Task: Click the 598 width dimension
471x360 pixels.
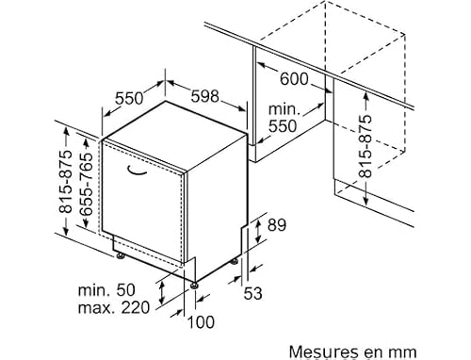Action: (204, 96)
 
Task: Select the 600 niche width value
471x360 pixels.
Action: (294, 79)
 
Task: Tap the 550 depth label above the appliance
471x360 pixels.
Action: (129, 98)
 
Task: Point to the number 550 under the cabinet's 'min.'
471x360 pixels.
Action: (283, 126)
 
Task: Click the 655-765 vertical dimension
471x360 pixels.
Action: (87, 185)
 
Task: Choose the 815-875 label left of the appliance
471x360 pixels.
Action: (66, 182)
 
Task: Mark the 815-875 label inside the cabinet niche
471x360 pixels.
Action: (365, 146)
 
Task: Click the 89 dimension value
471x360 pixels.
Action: (277, 225)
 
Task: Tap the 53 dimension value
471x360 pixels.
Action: (252, 294)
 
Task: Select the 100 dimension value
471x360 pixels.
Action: (201, 322)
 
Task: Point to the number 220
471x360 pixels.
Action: (136, 308)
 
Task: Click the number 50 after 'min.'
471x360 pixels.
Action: (125, 290)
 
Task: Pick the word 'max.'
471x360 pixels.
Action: (96, 308)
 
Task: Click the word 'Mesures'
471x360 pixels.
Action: (322, 352)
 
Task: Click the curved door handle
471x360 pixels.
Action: (137, 171)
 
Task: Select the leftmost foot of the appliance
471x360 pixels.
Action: (121, 256)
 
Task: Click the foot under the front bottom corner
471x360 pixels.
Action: (194, 286)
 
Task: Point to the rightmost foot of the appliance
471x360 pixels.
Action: (235, 261)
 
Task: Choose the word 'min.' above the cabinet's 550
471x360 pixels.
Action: (284, 109)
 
